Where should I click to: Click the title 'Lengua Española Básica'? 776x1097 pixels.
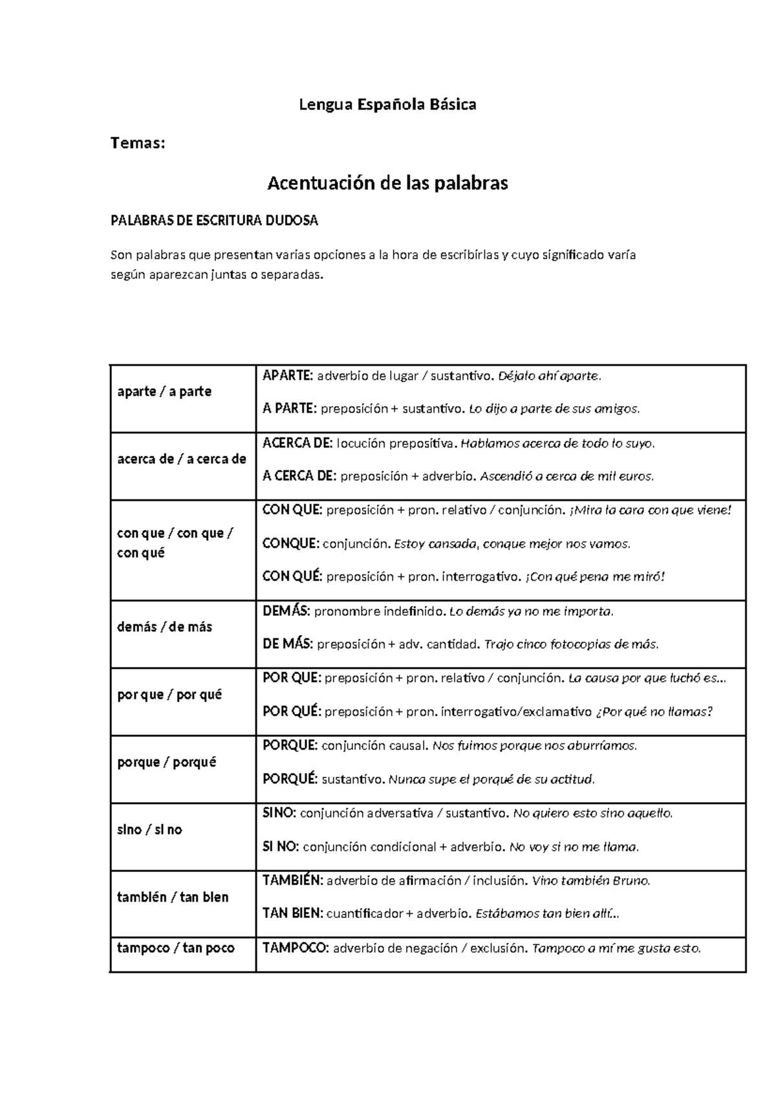click(387, 104)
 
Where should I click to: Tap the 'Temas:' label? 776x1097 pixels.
click(138, 143)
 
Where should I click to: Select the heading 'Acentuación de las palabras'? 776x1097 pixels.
click(387, 184)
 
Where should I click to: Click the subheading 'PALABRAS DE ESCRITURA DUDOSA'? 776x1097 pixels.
click(215, 221)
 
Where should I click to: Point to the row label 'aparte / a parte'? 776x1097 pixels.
click(164, 392)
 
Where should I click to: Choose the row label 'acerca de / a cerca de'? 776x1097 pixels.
click(182, 459)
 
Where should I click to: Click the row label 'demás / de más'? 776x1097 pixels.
click(164, 627)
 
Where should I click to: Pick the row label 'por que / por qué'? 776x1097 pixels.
click(169, 695)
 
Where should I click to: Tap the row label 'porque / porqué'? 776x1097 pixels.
click(167, 762)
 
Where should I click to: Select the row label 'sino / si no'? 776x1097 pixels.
click(149, 830)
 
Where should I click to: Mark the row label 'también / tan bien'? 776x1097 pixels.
click(173, 897)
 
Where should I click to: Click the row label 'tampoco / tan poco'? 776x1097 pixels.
click(176, 948)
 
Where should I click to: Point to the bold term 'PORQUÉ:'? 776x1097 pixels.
click(290, 779)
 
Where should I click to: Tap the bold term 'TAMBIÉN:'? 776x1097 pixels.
click(292, 880)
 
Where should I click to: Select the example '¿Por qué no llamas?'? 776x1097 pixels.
click(654, 712)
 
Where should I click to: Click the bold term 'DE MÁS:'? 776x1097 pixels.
click(288, 644)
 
